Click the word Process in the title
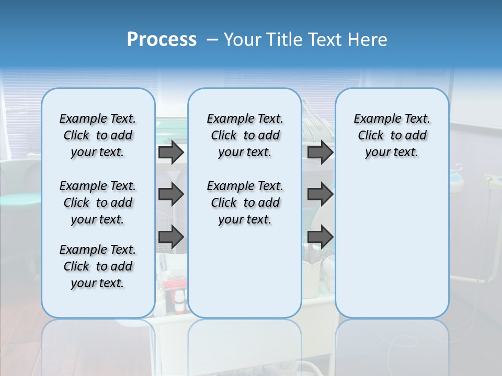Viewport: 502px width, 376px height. (162, 40)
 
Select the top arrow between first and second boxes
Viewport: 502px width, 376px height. (171, 152)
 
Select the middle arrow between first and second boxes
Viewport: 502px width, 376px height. (171, 195)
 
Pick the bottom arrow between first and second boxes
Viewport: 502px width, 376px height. (171, 237)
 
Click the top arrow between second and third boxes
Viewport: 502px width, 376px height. (320, 152)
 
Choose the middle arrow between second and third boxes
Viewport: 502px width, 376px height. (320, 195)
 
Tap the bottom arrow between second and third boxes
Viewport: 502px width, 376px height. (320, 237)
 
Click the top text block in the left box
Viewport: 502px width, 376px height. (98, 135)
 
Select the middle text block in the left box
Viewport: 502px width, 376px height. (98, 203)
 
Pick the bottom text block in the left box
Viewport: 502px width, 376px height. (98, 266)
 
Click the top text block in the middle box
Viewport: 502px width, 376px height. (245, 135)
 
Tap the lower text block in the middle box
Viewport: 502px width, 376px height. (245, 203)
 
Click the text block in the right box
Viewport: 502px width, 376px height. (392, 135)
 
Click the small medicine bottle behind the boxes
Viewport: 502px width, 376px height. (179, 302)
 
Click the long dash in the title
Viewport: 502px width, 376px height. (212, 40)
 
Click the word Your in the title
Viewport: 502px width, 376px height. (243, 40)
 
